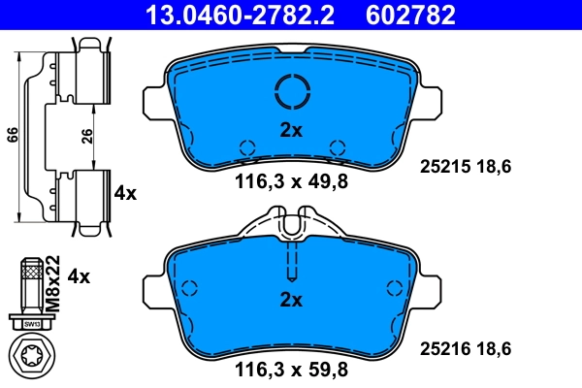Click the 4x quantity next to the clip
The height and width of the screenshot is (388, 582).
125,193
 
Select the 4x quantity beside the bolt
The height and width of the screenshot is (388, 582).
78,276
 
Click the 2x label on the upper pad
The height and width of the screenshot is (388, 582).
291,129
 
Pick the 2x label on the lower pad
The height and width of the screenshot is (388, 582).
291,300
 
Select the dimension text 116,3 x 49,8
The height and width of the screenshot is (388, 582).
290,180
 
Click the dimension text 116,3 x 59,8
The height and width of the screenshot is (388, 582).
290,368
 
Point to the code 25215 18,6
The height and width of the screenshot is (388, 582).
464,167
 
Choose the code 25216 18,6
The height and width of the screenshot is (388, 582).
464,347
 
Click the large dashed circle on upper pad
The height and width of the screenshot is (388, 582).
291,91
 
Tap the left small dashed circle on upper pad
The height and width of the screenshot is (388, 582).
244,146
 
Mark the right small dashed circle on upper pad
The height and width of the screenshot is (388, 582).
338,146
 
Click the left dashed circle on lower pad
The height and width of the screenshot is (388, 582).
189,288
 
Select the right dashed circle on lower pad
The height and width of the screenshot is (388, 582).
394,288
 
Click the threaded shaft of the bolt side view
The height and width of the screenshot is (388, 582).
32,281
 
